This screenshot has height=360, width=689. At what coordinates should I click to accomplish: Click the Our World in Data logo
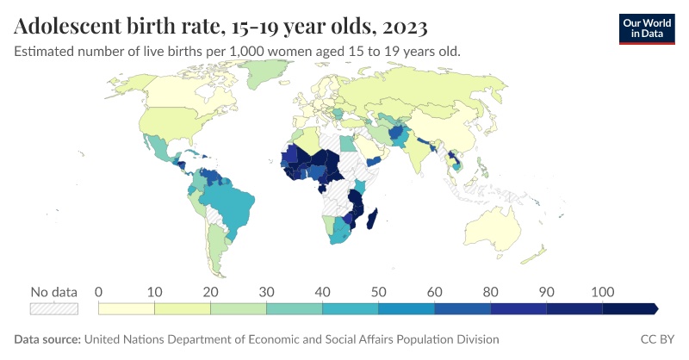click(647, 28)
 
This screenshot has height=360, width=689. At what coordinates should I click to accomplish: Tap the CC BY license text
click(658, 339)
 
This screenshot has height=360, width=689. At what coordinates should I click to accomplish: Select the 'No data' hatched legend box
click(54, 307)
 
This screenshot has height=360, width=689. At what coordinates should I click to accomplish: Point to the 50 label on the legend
click(378, 291)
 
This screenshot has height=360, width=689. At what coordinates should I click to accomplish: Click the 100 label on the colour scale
click(602, 291)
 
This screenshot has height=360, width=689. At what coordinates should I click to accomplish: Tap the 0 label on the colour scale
click(99, 291)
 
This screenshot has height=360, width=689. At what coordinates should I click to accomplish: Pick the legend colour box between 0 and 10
click(127, 307)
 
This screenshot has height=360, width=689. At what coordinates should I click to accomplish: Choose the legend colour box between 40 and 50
click(351, 307)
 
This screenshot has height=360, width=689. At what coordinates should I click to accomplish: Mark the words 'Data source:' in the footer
click(47, 339)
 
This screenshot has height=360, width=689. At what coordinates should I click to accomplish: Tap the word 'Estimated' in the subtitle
click(46, 51)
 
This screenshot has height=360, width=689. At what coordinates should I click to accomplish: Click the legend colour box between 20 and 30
click(239, 307)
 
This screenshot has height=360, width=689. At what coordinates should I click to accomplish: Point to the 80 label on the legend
click(490, 291)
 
